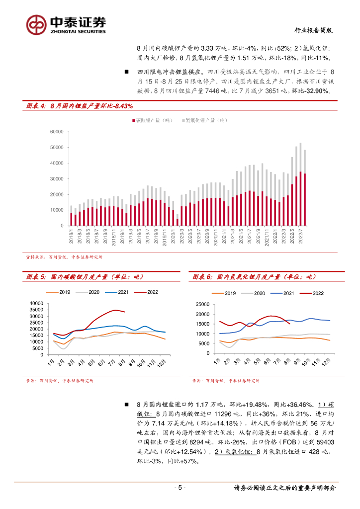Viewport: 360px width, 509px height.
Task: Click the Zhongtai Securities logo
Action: coord(66,24)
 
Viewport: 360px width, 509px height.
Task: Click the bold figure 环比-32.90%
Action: coord(311,91)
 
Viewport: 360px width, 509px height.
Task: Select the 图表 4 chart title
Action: coord(80,106)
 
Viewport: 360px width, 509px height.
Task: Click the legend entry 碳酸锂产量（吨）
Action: coord(154,120)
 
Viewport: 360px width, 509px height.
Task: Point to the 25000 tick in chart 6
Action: coord(204,305)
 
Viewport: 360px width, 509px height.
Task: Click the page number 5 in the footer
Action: coord(180,488)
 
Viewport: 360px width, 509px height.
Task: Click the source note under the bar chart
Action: coord(64,257)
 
